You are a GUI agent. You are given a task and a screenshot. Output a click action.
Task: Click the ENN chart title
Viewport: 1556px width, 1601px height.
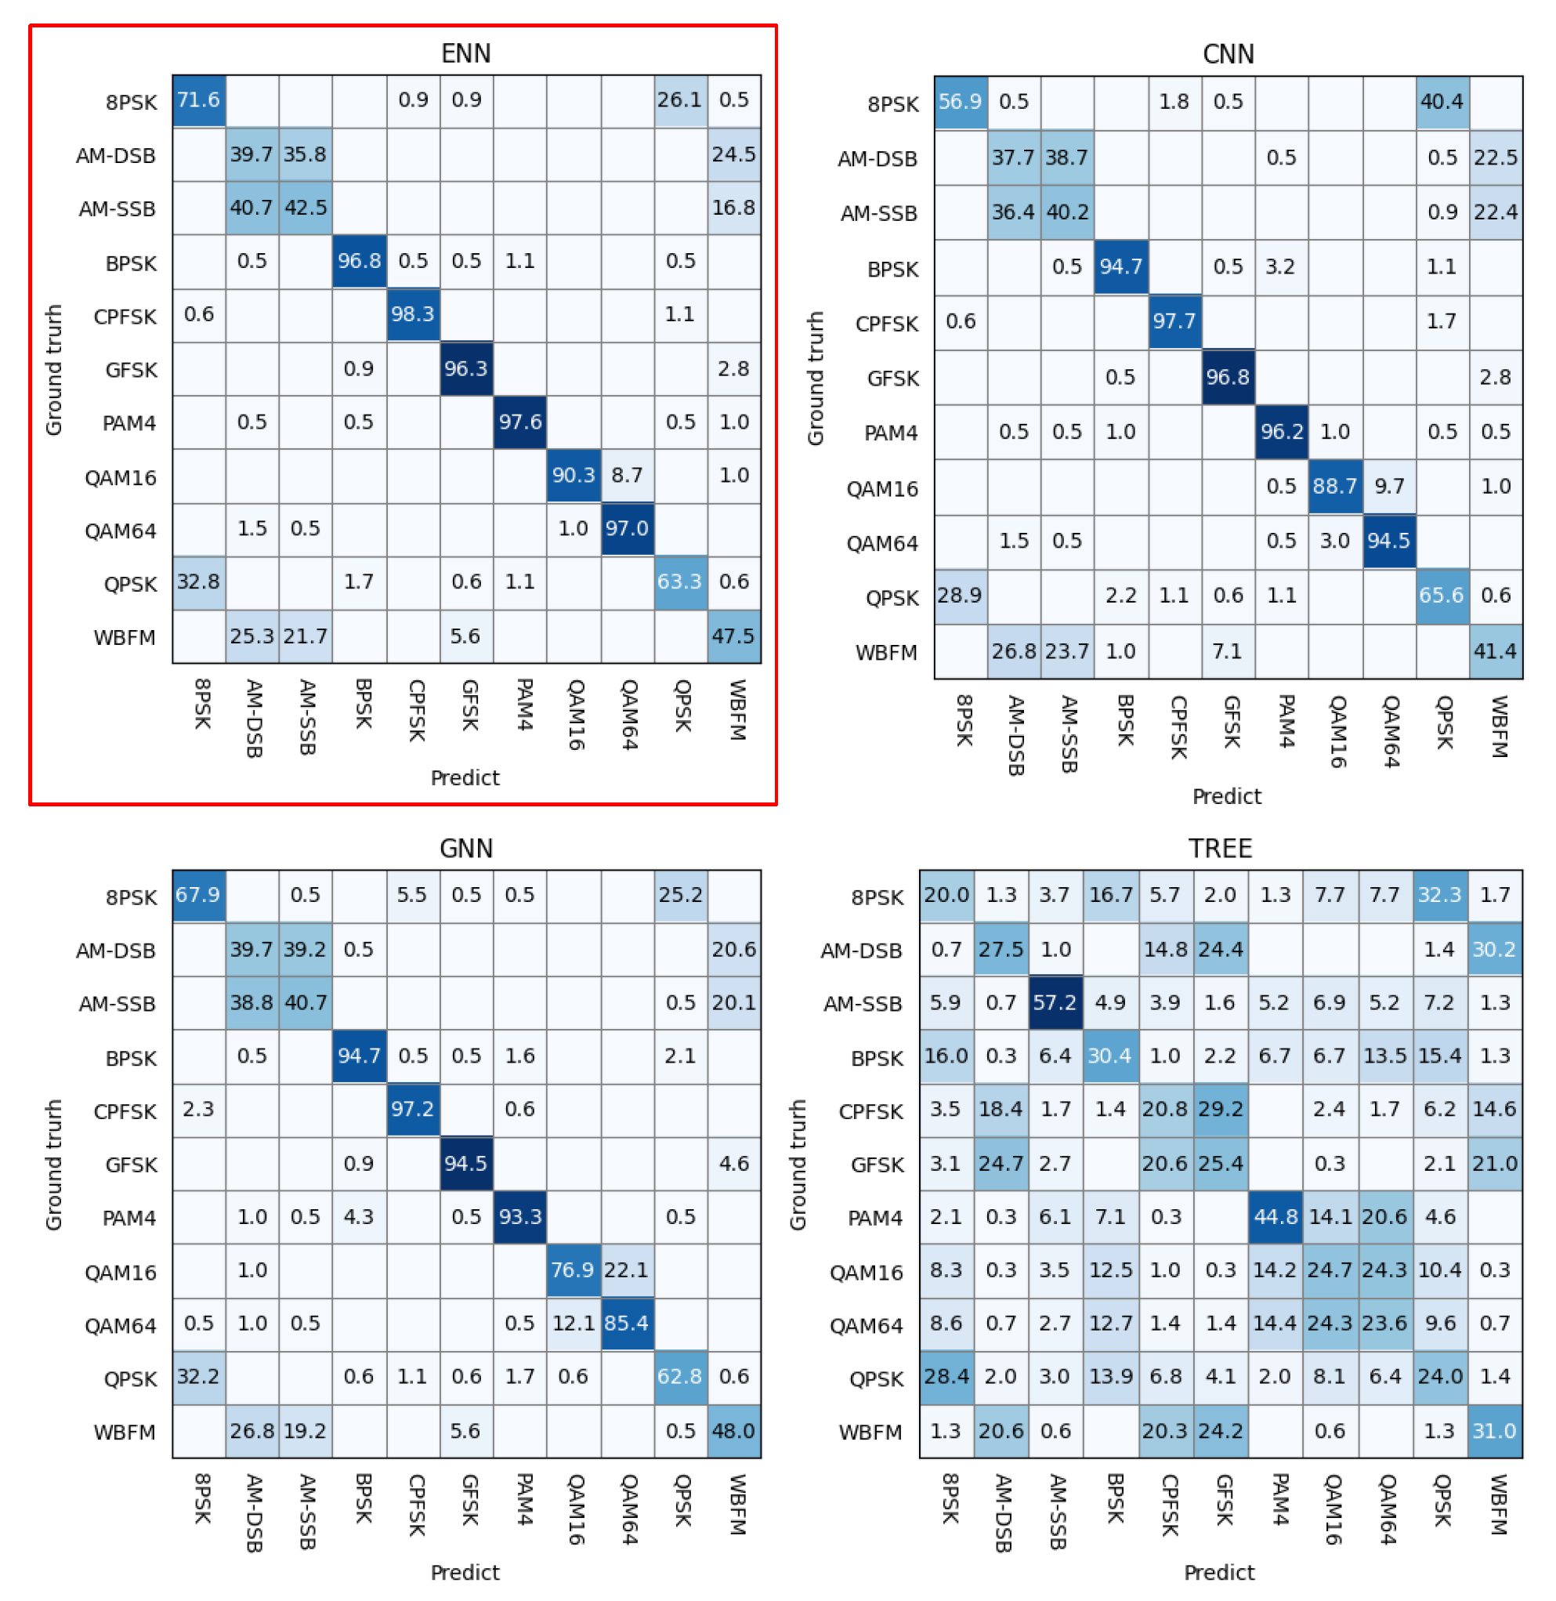pyautogui.click(x=466, y=54)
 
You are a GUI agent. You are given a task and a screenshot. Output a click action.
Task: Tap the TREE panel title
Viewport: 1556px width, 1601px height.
pyautogui.click(x=1219, y=849)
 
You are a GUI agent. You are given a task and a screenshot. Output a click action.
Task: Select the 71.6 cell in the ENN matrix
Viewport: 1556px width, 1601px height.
pyautogui.click(x=198, y=100)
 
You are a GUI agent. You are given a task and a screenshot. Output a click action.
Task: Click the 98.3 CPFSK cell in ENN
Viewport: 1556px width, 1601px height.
pyautogui.click(x=413, y=315)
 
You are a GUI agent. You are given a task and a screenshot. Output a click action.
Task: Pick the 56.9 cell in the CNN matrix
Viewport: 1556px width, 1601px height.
pyautogui.click(x=961, y=102)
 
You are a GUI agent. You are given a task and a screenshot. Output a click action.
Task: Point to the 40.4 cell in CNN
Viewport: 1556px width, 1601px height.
pyautogui.click(x=1442, y=102)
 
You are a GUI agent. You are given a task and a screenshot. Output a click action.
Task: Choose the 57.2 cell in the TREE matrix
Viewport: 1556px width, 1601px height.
pyautogui.click(x=1055, y=1002)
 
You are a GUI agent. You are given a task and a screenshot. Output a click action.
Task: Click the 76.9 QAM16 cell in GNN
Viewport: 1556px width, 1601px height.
pyautogui.click(x=573, y=1270)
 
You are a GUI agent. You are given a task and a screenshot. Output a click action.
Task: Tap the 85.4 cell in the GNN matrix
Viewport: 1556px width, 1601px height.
pyautogui.click(x=627, y=1323)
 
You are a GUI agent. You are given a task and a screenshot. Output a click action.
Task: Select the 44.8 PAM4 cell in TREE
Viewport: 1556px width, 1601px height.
pyautogui.click(x=1275, y=1217)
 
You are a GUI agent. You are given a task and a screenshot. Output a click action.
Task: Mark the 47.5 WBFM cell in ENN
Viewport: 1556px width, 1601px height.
pyautogui.click(x=734, y=636)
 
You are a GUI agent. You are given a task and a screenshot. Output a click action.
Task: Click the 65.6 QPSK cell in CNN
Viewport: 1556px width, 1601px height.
pyautogui.click(x=1442, y=596)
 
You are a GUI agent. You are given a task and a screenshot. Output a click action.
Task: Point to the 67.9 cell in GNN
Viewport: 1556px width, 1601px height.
pyautogui.click(x=198, y=896)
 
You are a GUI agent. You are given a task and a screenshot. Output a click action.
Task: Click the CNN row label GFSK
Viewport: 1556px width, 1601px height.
pyautogui.click(x=892, y=379)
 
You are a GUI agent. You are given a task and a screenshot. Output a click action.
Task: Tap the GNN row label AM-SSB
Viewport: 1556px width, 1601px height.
pyautogui.click(x=117, y=1005)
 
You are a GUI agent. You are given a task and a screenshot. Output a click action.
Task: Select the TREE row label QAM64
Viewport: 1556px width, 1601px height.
pyautogui.click(x=867, y=1326)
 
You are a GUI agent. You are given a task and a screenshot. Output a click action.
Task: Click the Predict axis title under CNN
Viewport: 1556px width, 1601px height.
pyautogui.click(x=1227, y=797)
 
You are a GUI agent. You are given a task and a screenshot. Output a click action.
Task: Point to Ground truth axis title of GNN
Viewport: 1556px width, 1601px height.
pyautogui.click(x=54, y=1165)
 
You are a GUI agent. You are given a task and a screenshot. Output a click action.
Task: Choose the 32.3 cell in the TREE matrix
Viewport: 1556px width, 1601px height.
pyautogui.click(x=1439, y=895)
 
